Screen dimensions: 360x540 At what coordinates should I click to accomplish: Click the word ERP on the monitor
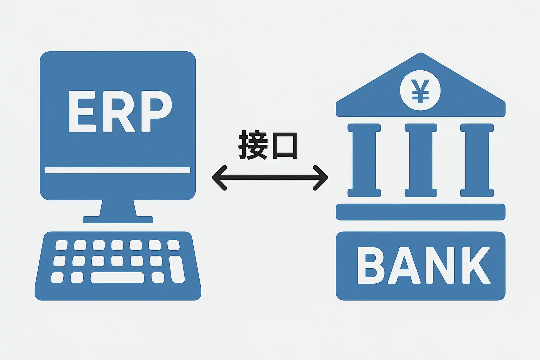[120, 112]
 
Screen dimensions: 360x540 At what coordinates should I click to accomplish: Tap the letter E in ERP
[81, 112]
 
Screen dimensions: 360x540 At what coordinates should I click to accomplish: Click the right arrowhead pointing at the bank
[322, 178]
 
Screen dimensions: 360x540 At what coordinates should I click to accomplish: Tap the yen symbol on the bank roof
[420, 90]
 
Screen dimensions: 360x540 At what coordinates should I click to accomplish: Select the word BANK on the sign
[423, 265]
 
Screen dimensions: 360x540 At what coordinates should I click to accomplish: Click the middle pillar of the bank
[420, 160]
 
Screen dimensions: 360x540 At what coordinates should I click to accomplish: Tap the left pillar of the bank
[364, 160]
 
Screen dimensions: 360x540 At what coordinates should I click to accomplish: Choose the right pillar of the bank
[477, 160]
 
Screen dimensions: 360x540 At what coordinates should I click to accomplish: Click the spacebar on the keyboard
[117, 278]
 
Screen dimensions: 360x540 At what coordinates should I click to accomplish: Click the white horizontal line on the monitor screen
[118, 171]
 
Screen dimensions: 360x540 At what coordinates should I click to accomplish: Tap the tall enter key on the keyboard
[177, 269]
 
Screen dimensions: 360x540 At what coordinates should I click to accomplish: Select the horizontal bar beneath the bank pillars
[420, 212]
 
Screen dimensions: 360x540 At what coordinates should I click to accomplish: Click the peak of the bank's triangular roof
[420, 56]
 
